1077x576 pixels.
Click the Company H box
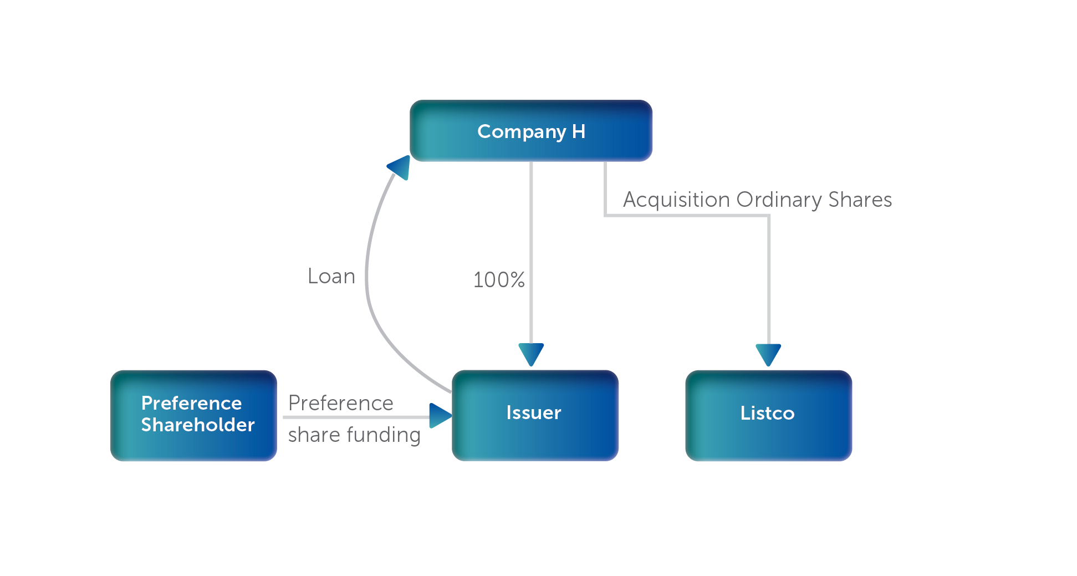pos(530,131)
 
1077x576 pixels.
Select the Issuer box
pos(534,415)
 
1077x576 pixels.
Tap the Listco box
pos(768,415)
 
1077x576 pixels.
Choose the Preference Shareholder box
pos(193,415)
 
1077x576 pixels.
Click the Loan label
pos(331,276)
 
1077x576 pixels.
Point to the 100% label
pos(499,280)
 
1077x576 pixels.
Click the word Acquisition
pos(676,200)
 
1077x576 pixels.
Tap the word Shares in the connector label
pos(860,200)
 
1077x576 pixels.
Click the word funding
pos(384,435)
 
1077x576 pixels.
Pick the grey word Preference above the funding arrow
pos(340,403)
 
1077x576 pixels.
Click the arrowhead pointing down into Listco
pos(768,354)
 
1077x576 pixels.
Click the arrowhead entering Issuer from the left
pos(440,416)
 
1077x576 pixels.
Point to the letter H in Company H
pos(579,131)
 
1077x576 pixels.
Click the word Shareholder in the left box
pos(198,425)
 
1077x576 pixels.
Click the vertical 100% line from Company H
pos(531,233)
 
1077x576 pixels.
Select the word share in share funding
pos(314,435)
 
